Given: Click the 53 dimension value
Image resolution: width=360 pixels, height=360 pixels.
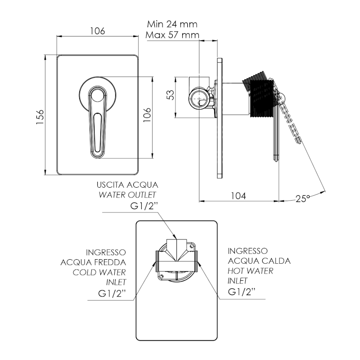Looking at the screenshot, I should [x=170, y=95].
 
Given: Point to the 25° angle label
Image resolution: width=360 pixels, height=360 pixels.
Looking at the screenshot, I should [x=303, y=198].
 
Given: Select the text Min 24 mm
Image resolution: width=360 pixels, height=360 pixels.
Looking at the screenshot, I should [x=172, y=24].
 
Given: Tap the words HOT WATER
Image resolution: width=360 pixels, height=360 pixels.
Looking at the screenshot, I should [x=251, y=271].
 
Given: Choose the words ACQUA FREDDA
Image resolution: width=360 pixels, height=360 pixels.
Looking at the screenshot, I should [x=94, y=261].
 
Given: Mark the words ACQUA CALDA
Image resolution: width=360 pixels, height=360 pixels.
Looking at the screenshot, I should [x=259, y=261].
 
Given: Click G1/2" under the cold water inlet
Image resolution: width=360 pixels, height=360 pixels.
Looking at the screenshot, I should [x=112, y=294].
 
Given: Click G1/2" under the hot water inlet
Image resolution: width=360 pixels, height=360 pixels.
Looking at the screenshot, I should [x=242, y=292].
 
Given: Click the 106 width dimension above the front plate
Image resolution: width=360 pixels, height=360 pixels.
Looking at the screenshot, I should [x=97, y=31].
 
